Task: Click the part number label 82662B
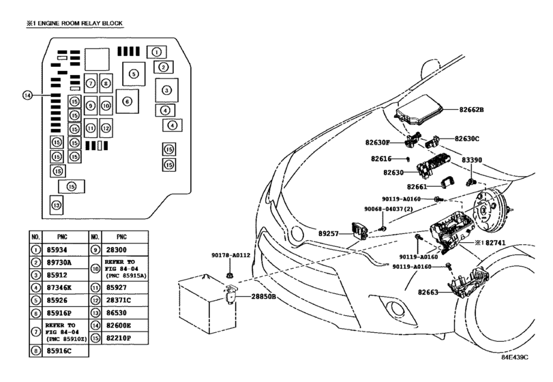click(x=471, y=110)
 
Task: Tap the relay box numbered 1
click(x=157, y=53)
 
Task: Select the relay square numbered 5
click(x=134, y=74)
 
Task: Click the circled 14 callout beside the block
click(x=27, y=95)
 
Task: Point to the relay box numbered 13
click(x=57, y=205)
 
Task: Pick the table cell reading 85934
click(x=57, y=250)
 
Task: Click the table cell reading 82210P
click(x=119, y=338)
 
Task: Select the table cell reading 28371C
click(x=119, y=300)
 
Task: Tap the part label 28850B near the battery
click(x=263, y=297)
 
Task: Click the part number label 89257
click(x=329, y=233)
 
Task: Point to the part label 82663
click(x=428, y=292)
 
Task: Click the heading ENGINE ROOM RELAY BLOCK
click(x=80, y=23)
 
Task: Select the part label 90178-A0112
click(x=230, y=255)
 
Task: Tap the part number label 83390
click(x=472, y=160)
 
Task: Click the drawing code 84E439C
click(x=515, y=357)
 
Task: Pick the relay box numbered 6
click(x=128, y=101)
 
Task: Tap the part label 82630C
click(x=467, y=138)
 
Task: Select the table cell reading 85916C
click(x=59, y=351)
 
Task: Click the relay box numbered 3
click(x=167, y=90)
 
